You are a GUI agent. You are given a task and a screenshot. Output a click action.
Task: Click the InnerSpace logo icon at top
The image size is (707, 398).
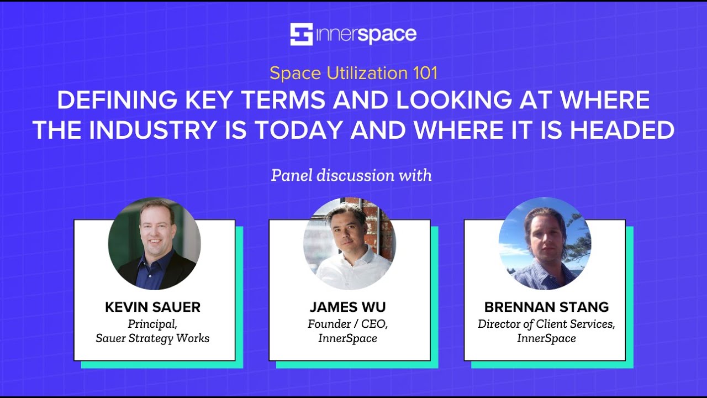[x=302, y=34]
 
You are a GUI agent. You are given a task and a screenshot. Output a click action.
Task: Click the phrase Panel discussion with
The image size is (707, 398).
[x=351, y=175]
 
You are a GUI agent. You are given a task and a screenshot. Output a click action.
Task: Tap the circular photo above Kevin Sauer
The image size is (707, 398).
[x=155, y=244]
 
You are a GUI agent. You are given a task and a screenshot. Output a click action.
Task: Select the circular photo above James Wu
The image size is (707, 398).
[x=350, y=244]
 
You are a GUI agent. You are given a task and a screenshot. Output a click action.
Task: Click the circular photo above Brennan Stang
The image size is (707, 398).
[x=545, y=244]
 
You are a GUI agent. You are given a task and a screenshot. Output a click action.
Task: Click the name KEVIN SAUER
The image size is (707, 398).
[x=152, y=307]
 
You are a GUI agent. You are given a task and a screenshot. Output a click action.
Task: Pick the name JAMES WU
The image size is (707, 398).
[x=348, y=307]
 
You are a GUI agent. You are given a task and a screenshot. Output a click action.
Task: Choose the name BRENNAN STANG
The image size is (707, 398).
[x=546, y=307]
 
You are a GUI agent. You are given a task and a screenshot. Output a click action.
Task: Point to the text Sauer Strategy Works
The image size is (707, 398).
[x=152, y=338]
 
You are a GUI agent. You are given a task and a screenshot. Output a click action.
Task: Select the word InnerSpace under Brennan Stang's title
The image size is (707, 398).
[x=546, y=338]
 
